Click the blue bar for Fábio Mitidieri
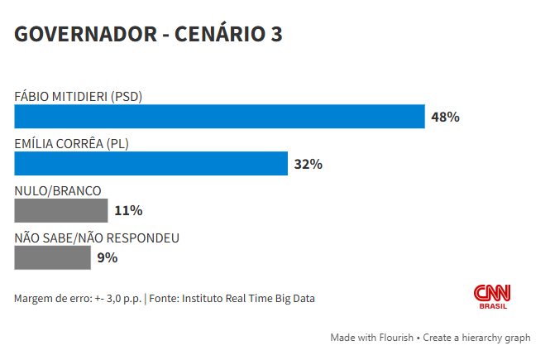219,117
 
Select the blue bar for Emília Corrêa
151,164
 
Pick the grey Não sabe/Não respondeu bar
52,257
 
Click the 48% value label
445,117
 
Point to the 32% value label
308,164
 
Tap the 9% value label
108,257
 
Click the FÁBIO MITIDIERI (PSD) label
79,96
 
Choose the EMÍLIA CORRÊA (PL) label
71,143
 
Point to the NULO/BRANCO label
58,190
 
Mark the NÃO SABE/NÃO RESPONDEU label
97,238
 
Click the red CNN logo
492,293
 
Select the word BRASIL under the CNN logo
493,307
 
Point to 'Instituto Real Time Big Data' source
248,298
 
